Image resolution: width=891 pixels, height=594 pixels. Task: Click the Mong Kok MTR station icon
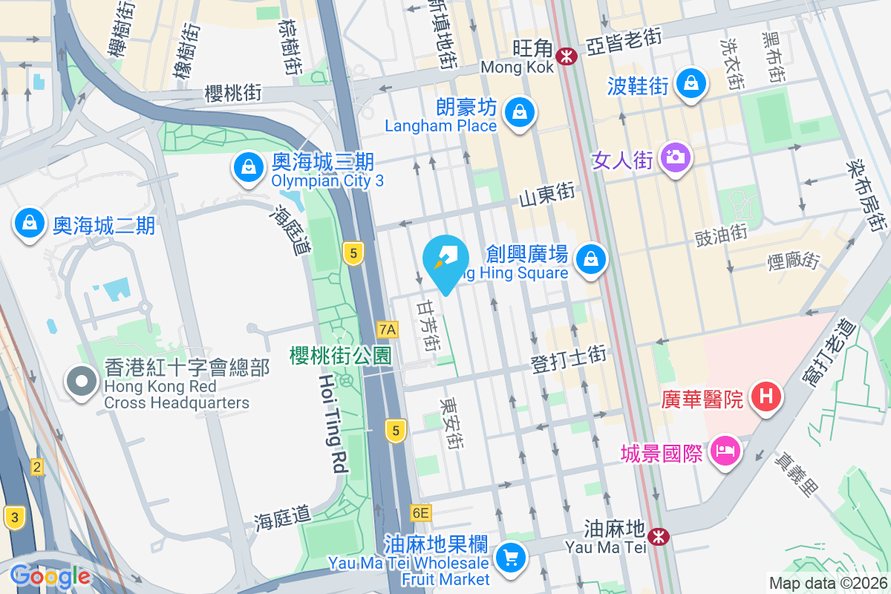(567, 56)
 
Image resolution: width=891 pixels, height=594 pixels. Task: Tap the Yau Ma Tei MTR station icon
(657, 535)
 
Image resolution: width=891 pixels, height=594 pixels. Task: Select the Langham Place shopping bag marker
(520, 113)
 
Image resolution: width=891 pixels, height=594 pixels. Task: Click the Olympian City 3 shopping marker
(247, 168)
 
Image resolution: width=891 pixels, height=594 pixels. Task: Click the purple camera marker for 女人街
(675, 157)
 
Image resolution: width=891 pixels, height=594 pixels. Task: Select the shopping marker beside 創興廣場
(590, 259)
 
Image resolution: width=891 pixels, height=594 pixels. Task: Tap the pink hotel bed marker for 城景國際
(724, 451)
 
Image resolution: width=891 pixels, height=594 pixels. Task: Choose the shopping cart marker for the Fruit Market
(510, 556)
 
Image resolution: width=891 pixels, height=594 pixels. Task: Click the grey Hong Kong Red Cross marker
(82, 382)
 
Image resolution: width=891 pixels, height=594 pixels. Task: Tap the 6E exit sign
(420, 512)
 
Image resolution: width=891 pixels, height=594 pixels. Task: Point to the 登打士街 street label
(569, 359)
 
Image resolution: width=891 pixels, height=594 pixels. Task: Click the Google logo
(50, 575)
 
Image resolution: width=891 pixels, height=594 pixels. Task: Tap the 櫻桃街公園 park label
(340, 356)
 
